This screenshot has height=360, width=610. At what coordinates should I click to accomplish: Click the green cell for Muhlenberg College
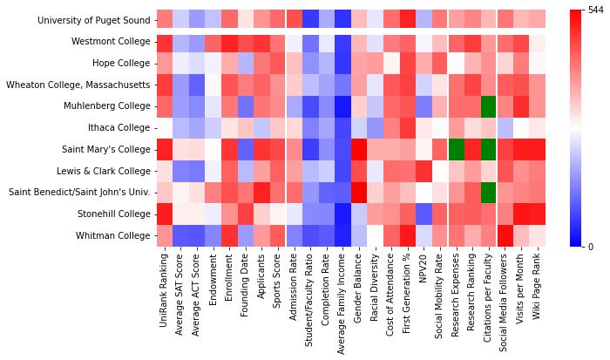[x=488, y=105]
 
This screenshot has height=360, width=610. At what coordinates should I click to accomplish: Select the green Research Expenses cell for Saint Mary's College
[x=456, y=148]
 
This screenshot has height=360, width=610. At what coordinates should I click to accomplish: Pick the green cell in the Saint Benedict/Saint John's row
[x=488, y=191]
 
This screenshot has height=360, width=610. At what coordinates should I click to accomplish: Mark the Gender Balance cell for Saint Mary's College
[x=359, y=148]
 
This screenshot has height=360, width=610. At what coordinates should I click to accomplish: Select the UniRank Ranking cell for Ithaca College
[x=164, y=127]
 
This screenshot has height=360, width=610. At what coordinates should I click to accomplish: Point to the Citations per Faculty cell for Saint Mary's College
[x=488, y=148]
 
